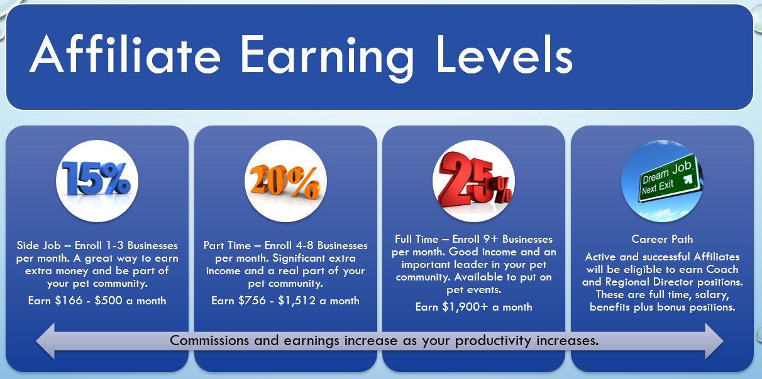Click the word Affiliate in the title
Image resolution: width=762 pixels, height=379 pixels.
125,54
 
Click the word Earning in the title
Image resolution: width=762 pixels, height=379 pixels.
327,58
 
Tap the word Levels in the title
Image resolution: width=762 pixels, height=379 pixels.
504,54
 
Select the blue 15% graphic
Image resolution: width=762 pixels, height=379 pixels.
96,179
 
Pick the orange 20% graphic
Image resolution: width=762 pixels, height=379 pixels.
285,181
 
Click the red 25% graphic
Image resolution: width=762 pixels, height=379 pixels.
475,179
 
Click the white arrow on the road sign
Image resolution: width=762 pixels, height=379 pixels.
688,179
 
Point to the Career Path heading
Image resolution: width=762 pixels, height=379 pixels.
662,239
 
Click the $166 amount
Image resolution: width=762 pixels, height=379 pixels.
69,301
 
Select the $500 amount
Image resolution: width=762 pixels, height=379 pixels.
108,301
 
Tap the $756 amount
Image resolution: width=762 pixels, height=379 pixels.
251,301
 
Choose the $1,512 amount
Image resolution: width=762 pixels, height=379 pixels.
297,301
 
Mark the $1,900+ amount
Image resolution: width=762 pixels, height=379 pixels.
465,307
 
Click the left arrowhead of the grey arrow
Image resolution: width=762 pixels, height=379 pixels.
46,341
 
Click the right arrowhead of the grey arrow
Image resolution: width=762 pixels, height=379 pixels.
714,341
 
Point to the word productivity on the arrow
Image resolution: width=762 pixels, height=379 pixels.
493,341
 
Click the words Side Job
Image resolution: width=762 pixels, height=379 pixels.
38,245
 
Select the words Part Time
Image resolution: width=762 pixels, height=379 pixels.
227,245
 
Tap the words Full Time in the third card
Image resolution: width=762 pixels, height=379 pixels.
416,239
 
